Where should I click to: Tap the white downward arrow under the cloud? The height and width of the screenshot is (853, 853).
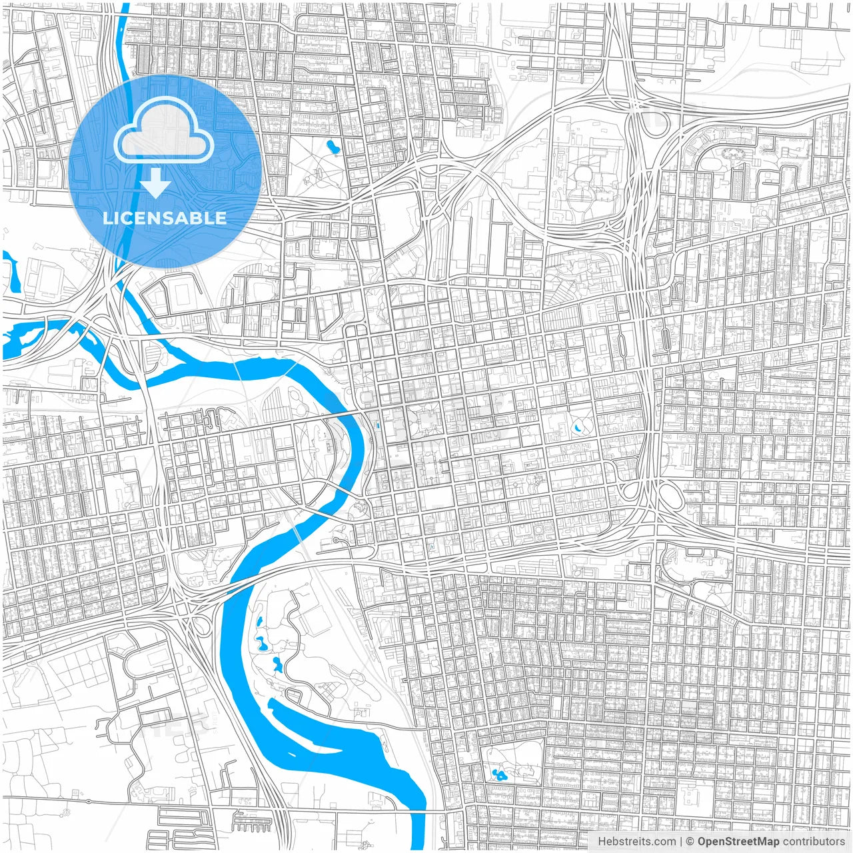click(x=155, y=183)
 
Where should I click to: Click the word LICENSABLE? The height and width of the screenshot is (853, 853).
click(x=165, y=218)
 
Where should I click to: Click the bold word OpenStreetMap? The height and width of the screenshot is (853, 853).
click(x=738, y=842)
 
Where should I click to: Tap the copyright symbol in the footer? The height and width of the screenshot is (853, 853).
click(x=690, y=842)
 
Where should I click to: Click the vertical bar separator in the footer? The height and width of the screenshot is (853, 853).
click(x=681, y=842)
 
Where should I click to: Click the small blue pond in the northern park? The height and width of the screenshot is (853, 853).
click(x=332, y=146)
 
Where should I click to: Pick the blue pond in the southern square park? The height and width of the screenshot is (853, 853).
click(x=498, y=774)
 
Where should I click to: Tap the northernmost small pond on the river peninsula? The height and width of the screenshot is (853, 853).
click(x=258, y=622)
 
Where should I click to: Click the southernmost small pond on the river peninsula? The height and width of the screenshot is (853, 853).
click(x=276, y=664)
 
